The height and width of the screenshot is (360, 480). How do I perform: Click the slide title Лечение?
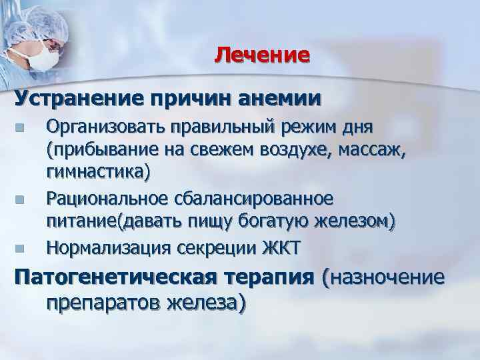[262, 54]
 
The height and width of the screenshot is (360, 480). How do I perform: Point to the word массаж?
[372, 149]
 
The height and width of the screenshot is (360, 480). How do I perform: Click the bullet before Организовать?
[20, 128]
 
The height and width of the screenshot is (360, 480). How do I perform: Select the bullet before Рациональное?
[20, 199]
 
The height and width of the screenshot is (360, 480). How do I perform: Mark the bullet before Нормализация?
[20, 249]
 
